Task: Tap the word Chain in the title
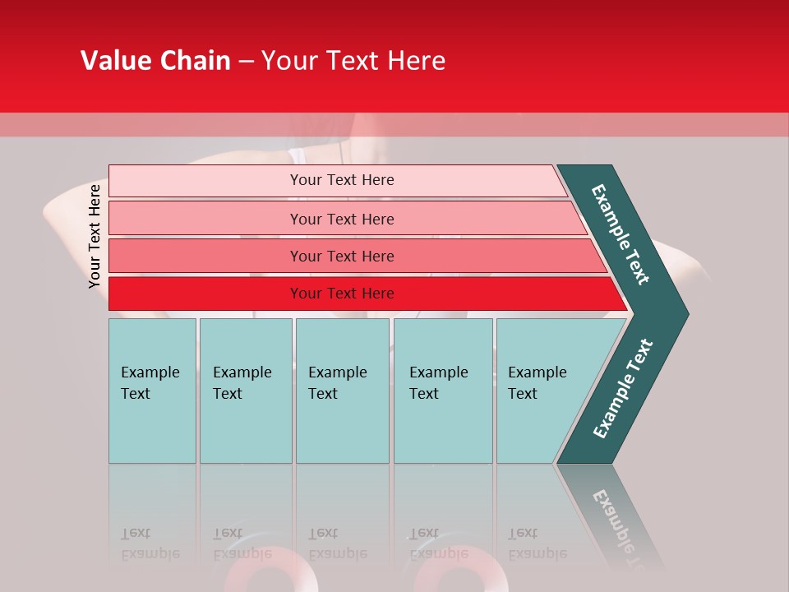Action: pos(193,61)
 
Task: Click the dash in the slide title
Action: pos(246,62)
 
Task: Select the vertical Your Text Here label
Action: pos(95,236)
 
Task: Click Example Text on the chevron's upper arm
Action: pos(621,234)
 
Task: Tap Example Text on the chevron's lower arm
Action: pos(623,388)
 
